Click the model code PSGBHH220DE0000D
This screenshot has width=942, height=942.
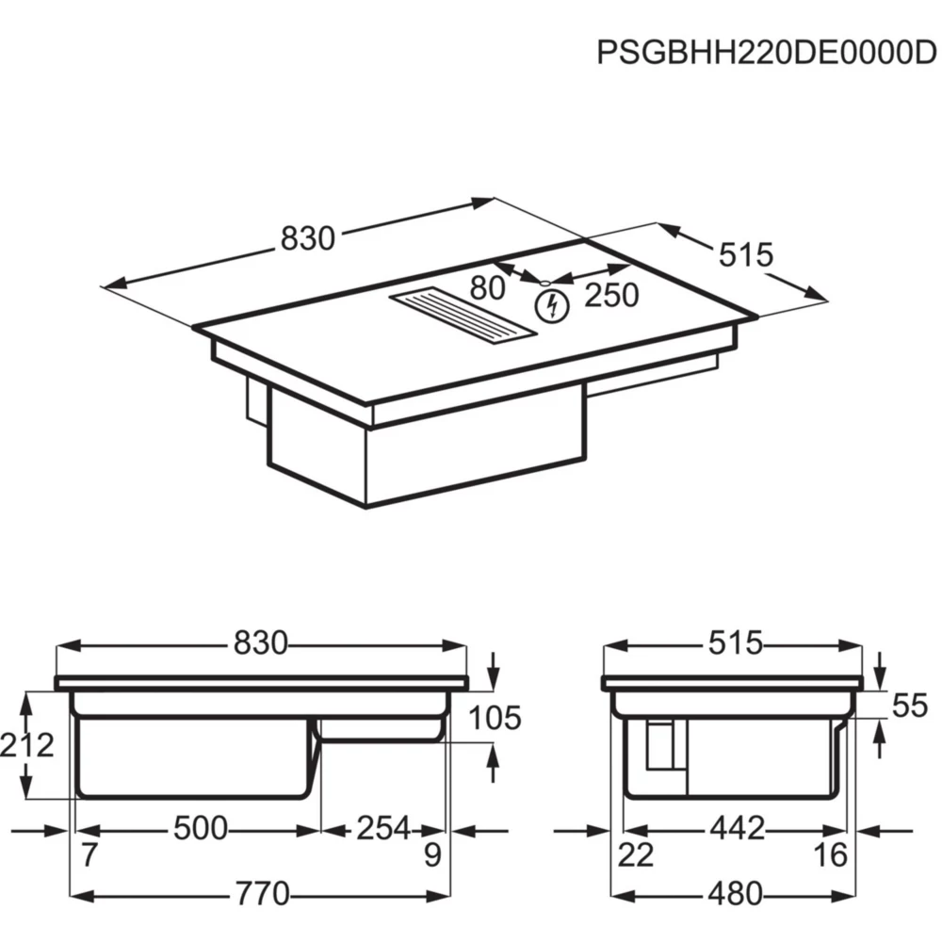coord(766,53)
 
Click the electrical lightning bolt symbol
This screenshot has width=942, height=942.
coord(552,306)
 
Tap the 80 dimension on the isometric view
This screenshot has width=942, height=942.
coord(487,287)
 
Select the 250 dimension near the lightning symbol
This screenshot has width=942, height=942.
coord(611,295)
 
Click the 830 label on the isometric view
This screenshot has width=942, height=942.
coord(308,238)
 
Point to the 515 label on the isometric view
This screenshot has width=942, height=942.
coord(746,254)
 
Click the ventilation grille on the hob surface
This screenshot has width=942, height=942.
coord(463,317)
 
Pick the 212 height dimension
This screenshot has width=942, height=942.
coord(26,745)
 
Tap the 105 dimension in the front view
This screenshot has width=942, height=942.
coord(495,718)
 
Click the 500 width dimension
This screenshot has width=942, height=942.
coord(201,828)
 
